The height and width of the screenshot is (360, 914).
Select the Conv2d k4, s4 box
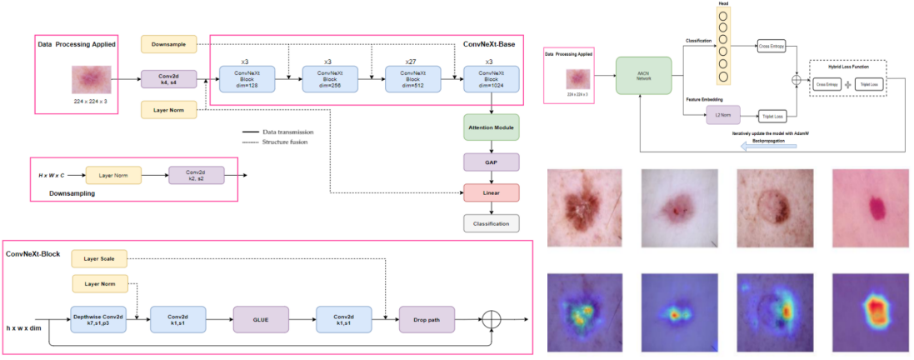click(167, 78)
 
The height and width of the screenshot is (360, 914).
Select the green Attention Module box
click(492, 127)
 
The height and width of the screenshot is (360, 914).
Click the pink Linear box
click(492, 192)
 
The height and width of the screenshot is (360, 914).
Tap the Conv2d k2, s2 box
click(197, 175)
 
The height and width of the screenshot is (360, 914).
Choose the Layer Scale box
click(100, 260)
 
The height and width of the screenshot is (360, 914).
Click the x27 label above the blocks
click(409, 61)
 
